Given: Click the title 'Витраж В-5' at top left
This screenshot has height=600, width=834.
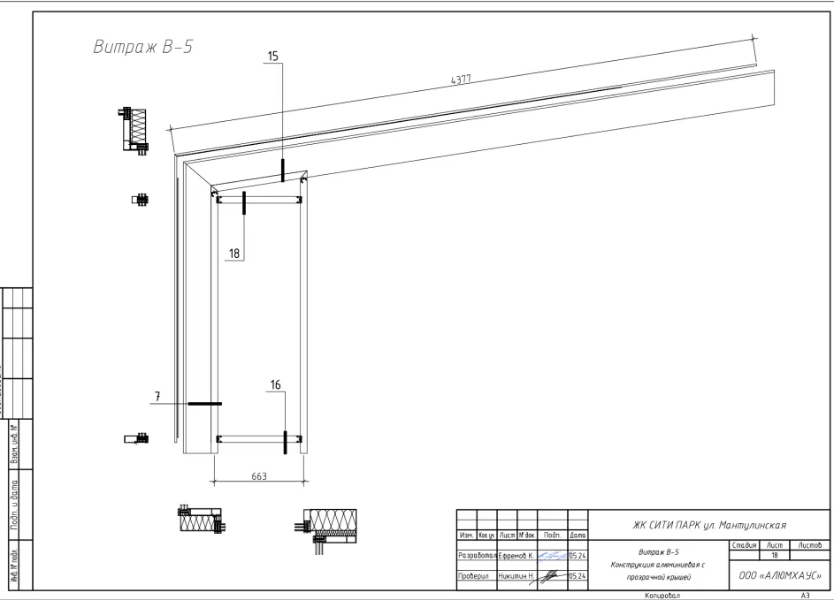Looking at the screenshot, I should [x=142, y=47].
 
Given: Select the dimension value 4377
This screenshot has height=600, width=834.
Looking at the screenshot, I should [x=460, y=79].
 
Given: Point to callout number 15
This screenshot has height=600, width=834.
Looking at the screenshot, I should [x=272, y=57].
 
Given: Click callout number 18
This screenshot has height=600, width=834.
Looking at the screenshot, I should [x=234, y=253].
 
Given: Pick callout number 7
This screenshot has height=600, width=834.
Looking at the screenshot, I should [x=157, y=398].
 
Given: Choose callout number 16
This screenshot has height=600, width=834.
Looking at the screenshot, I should [x=275, y=384].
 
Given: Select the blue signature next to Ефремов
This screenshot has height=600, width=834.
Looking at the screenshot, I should [x=552, y=557].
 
